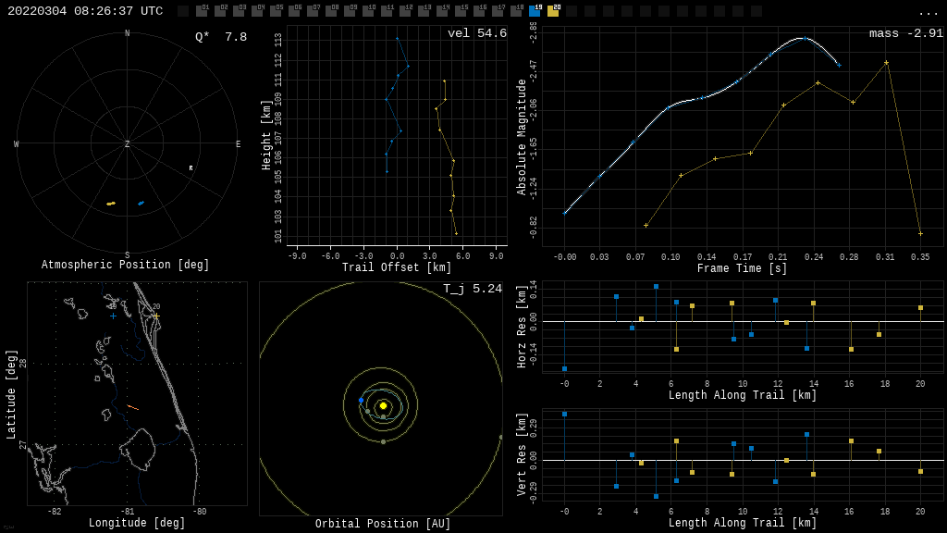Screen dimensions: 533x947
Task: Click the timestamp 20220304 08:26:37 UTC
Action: [85, 11]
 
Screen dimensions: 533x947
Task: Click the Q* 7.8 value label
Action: [221, 37]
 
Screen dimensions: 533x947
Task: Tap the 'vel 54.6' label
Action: [477, 33]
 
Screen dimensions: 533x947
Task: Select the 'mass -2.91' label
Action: [906, 33]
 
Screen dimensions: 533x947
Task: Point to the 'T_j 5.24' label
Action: [473, 289]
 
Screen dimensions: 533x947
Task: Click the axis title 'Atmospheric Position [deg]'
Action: [126, 266]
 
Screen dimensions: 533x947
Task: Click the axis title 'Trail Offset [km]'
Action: [397, 268]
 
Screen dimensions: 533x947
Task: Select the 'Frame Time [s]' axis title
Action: [743, 268]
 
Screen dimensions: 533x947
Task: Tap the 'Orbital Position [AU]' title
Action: [383, 525]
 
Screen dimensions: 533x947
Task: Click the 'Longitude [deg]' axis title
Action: [137, 524]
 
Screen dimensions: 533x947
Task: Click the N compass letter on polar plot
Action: [128, 34]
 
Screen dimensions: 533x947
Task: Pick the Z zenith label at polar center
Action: [128, 144]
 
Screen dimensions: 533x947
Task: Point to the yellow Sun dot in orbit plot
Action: [383, 405]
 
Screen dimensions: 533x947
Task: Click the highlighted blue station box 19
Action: [535, 11]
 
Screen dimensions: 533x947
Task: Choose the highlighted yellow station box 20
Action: [553, 11]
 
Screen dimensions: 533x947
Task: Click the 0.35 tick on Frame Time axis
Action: [920, 257]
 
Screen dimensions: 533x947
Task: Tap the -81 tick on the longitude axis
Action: [127, 512]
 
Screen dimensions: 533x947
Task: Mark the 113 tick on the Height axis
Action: [278, 41]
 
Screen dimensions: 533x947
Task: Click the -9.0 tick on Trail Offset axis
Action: [297, 256]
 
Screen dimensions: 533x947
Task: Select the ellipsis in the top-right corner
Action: [928, 12]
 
